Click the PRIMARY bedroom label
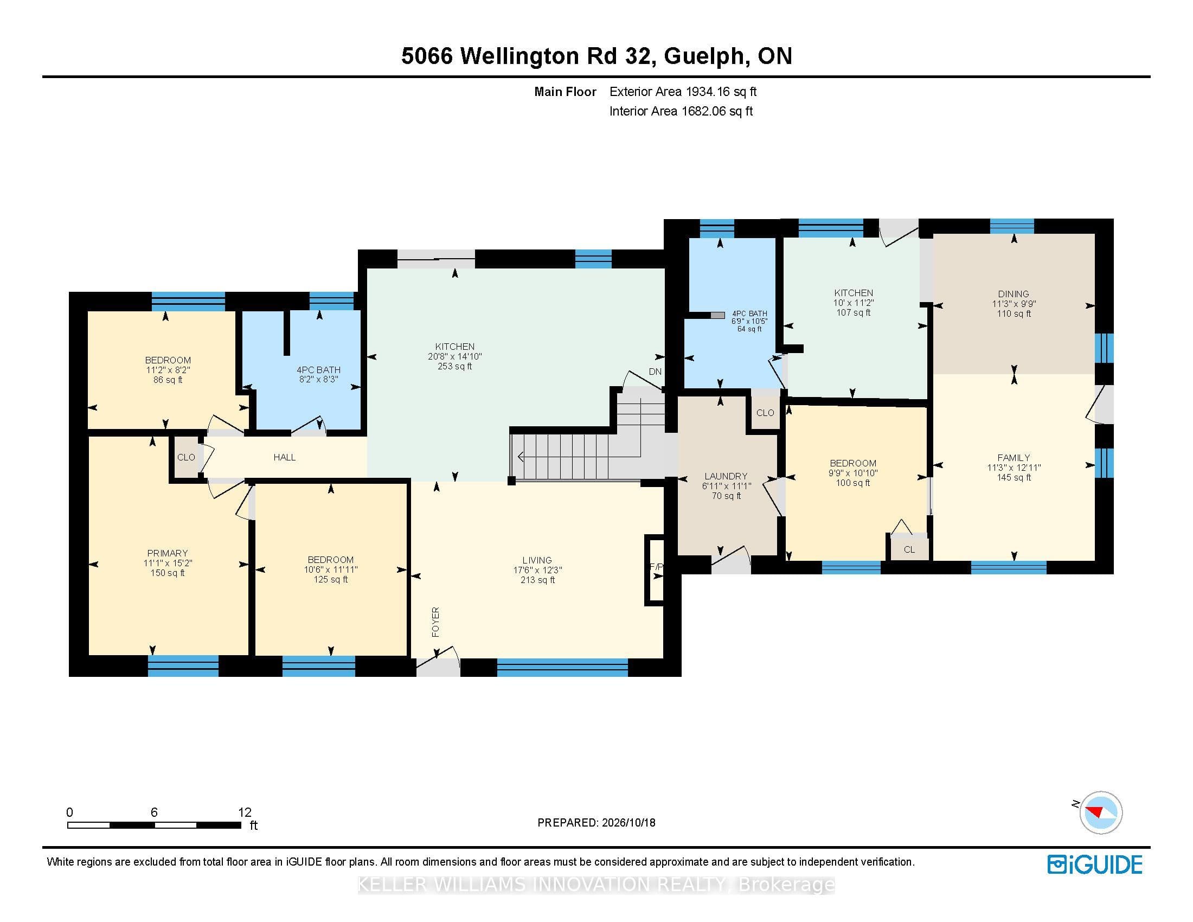point(167,553)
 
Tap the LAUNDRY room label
point(726,476)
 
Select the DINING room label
point(1014,294)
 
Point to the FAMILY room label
point(1014,458)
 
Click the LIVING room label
point(537,560)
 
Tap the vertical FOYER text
point(435,622)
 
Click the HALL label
point(285,457)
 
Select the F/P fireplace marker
point(656,567)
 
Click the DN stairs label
point(655,372)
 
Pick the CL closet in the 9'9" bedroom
point(909,549)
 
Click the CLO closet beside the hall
point(185,457)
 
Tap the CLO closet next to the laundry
point(765,413)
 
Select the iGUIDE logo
point(1095,865)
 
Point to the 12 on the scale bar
point(245,812)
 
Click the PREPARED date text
point(596,823)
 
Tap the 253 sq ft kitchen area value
point(454,366)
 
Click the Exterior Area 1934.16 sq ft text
point(683,92)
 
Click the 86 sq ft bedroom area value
point(168,380)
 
